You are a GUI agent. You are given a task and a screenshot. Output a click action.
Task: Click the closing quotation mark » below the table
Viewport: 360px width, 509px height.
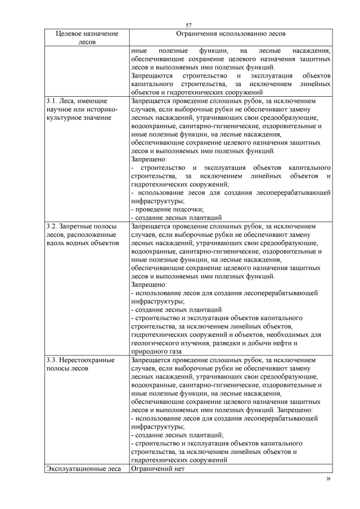tap(329, 479)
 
